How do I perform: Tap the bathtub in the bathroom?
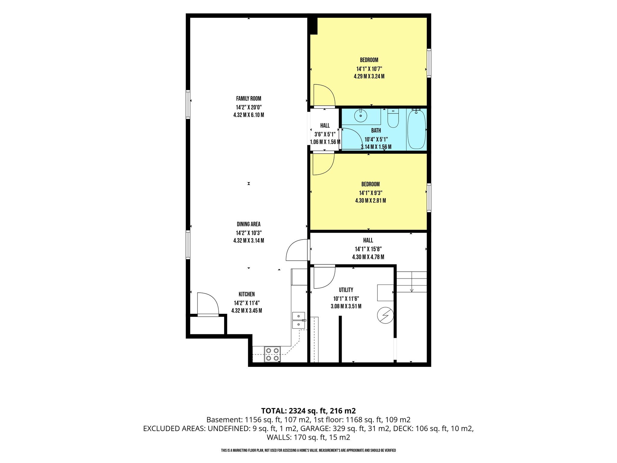(416, 129)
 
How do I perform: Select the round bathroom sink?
(361, 116)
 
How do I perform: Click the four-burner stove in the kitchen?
(272, 354)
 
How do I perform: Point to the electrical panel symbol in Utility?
(385, 315)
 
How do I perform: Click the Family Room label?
(249, 99)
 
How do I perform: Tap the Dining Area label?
(249, 224)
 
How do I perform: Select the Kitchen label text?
(247, 294)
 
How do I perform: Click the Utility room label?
(346, 290)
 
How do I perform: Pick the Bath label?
(376, 131)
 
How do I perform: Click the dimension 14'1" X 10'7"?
(369, 69)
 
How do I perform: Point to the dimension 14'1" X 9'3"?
(371, 193)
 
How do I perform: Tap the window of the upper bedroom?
(429, 63)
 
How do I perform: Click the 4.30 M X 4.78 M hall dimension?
(368, 257)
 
